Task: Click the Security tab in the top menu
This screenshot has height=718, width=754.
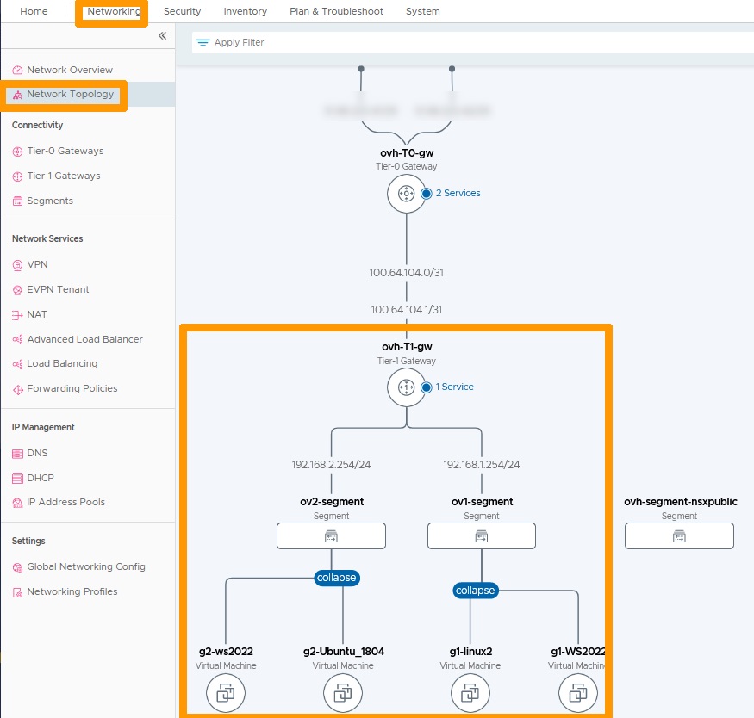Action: tap(182, 11)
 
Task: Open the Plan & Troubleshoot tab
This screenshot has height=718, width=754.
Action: tap(336, 11)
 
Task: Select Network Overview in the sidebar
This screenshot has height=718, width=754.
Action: tap(69, 70)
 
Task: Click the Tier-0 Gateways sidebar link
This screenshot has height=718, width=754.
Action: tap(65, 151)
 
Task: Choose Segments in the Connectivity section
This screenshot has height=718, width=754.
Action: tap(49, 201)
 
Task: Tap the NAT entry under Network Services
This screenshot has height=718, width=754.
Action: tap(36, 314)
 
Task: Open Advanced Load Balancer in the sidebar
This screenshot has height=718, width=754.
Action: tap(84, 339)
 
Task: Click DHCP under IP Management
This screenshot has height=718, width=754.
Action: tap(40, 478)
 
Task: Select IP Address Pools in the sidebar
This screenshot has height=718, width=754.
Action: tap(65, 502)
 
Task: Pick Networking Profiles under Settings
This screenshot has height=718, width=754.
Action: tap(72, 591)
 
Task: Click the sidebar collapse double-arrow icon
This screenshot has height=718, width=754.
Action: tap(162, 36)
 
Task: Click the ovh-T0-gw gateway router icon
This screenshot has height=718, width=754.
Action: tap(406, 194)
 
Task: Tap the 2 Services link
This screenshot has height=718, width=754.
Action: tap(458, 193)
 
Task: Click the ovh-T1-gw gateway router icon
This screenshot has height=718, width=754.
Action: tap(406, 387)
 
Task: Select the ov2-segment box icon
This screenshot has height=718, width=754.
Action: tap(331, 536)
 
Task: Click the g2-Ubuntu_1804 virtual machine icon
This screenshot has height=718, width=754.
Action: tap(343, 692)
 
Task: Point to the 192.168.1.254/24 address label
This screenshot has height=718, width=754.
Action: tap(481, 465)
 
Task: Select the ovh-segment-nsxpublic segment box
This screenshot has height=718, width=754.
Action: tap(679, 536)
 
